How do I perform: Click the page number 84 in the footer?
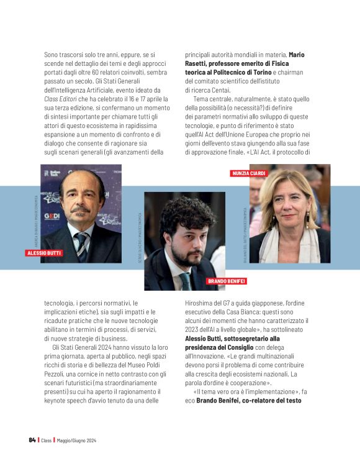(32, 440)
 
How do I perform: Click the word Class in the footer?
(46, 440)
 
